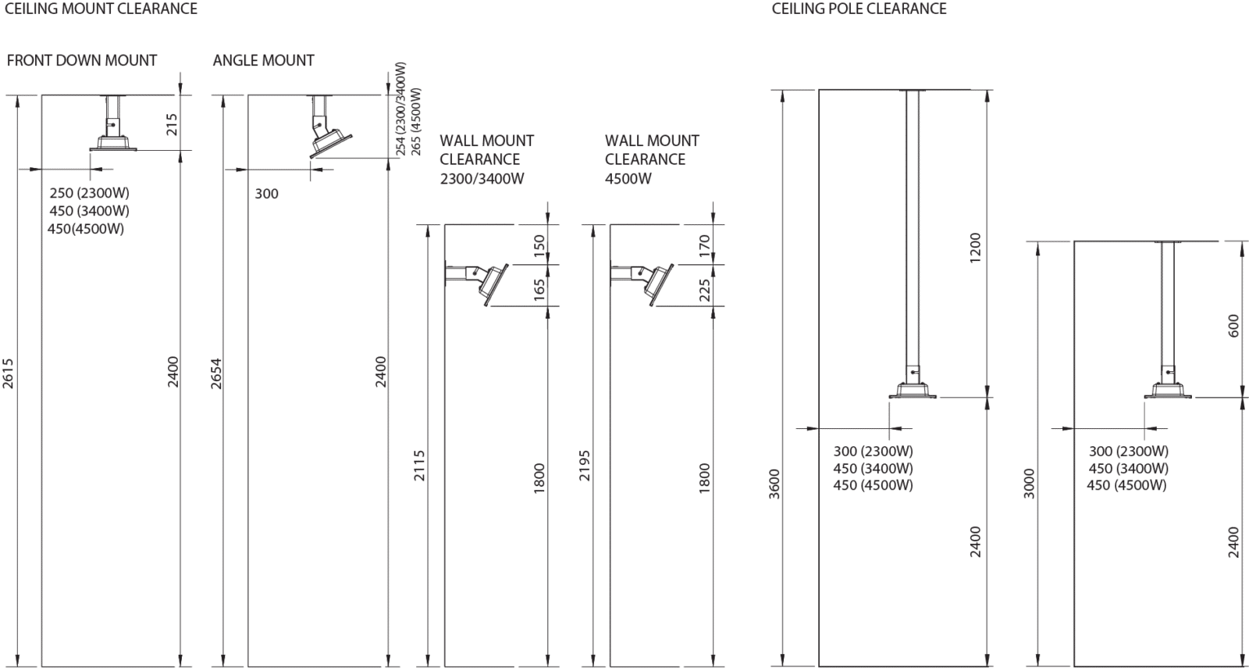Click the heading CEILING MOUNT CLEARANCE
(x=101, y=9)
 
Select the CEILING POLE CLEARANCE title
(x=859, y=9)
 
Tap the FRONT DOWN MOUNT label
(x=82, y=60)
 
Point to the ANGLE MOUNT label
(x=263, y=60)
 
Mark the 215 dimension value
(x=173, y=125)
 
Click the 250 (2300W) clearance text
(x=89, y=193)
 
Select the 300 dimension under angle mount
(x=266, y=194)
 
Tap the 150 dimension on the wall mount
(x=539, y=245)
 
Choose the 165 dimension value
(x=539, y=291)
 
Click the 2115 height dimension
(x=420, y=466)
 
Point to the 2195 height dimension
(x=585, y=466)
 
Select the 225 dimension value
(x=705, y=291)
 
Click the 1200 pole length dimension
(x=975, y=248)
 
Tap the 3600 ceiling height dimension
(x=774, y=484)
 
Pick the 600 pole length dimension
(x=1233, y=326)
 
